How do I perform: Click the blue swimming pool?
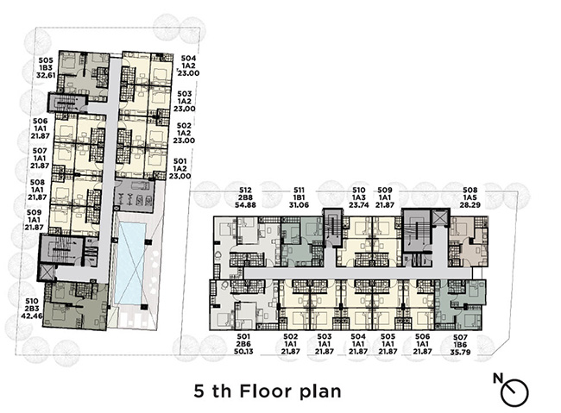click(x=131, y=264)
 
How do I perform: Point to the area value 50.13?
click(x=243, y=352)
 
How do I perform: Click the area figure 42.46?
click(x=32, y=316)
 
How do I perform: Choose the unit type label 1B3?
click(x=46, y=68)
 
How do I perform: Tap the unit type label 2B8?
click(x=245, y=197)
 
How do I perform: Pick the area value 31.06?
click(x=299, y=205)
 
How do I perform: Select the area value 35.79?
click(x=461, y=352)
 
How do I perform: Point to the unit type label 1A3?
click(x=359, y=197)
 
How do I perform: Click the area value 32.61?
click(x=46, y=75)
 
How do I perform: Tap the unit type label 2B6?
click(x=243, y=344)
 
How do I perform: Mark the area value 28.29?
click(x=471, y=205)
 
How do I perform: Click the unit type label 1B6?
click(x=461, y=345)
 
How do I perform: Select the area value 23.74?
click(x=359, y=205)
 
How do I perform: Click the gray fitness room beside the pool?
click(x=135, y=197)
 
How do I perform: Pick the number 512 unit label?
click(x=245, y=191)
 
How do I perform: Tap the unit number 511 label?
click(x=299, y=191)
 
